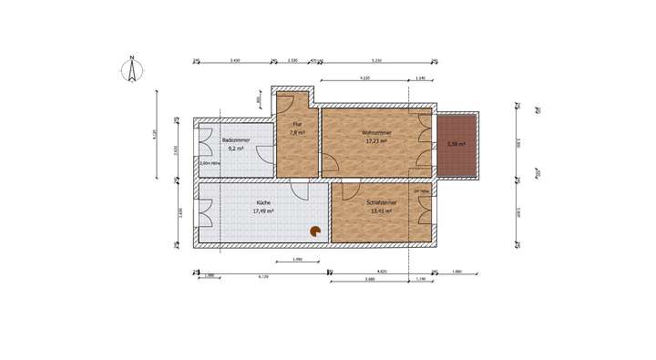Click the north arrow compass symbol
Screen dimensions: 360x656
[x=132, y=70]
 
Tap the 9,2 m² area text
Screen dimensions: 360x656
[x=235, y=148]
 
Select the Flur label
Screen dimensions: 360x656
[x=296, y=125]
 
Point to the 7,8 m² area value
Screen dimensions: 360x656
[x=297, y=133]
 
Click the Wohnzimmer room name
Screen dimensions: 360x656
[x=375, y=133]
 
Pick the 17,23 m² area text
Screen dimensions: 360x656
[x=375, y=141]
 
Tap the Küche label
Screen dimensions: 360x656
[x=263, y=203]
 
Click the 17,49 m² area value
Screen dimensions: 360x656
[x=263, y=211]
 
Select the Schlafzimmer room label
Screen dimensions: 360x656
[x=379, y=203]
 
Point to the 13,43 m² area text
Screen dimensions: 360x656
[x=379, y=211]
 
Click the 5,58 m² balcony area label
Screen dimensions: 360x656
[x=456, y=144]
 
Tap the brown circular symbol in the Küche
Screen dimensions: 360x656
[x=315, y=232]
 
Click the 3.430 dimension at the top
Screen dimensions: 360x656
[x=235, y=60]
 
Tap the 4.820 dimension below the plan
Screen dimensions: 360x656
[x=383, y=272]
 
